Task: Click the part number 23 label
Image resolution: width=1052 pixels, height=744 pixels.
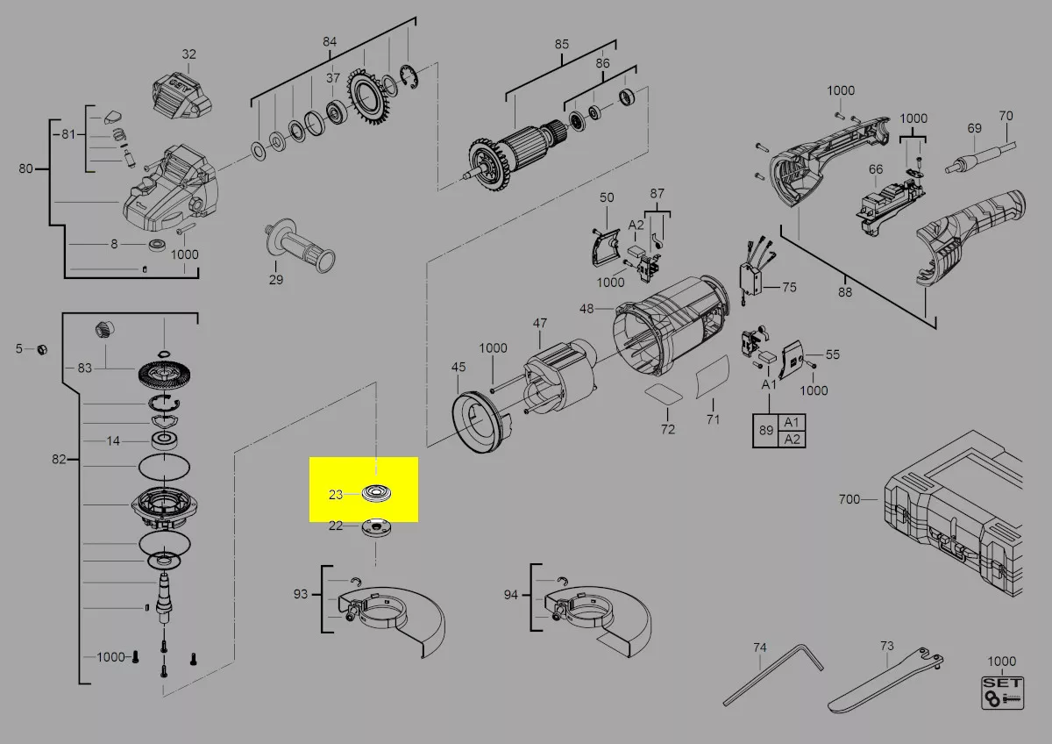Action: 335,495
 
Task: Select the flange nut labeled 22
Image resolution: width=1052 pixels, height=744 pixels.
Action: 375,527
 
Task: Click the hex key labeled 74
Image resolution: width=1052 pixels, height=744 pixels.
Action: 772,675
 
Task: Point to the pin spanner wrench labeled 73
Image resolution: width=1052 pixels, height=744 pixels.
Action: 885,680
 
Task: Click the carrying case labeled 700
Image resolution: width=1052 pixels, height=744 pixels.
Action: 954,515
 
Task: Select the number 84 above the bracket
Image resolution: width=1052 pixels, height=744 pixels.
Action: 330,42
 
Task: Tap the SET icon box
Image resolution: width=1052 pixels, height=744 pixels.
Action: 1002,693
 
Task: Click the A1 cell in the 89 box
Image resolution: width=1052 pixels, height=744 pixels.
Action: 792,422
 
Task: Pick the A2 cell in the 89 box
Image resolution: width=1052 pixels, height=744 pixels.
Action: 792,439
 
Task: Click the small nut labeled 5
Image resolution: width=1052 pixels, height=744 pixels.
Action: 42,349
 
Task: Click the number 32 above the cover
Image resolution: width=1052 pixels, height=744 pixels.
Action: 188,54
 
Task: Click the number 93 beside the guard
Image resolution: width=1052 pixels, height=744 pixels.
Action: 301,594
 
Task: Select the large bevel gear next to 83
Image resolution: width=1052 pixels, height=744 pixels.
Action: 165,375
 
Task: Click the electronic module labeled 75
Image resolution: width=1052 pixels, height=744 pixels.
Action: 750,281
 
